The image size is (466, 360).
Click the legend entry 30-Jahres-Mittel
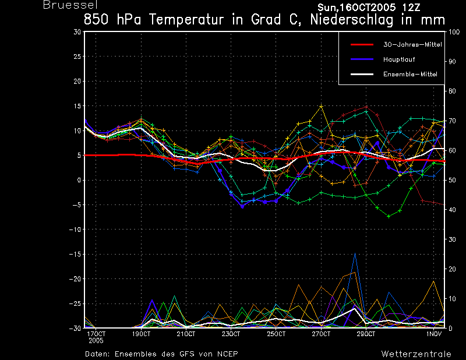point(412,45)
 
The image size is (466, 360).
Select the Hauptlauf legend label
point(399,59)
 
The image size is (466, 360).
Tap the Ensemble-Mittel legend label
point(411,75)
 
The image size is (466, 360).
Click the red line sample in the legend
point(362,45)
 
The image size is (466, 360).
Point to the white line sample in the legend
point(362,75)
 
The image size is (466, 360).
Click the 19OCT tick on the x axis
point(141,334)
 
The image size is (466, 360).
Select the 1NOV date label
point(433,334)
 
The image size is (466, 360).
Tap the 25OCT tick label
point(276,334)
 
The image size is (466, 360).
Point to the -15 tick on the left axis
point(75,255)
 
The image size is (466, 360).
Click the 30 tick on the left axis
point(77,32)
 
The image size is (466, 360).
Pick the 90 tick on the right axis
point(452,62)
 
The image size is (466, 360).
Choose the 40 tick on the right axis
point(452,210)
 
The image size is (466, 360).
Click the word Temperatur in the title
point(186,20)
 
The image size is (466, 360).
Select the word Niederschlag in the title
point(351,20)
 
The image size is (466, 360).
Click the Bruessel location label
point(70,5)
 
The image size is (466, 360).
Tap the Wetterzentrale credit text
point(416,354)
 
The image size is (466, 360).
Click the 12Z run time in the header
point(411,8)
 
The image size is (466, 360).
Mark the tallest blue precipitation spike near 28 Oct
point(355,253)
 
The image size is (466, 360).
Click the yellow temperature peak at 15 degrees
point(321,106)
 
